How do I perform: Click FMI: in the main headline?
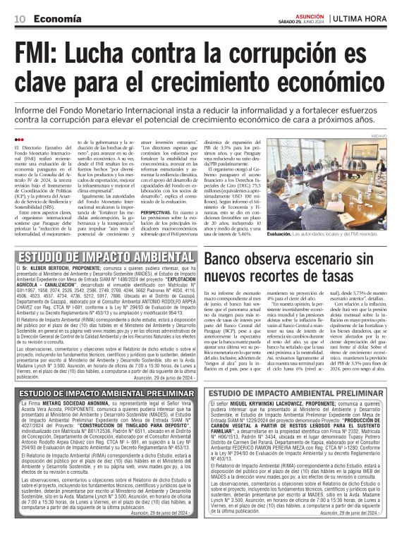pyautogui.click(x=42, y=54)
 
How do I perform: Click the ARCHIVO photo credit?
pyautogui.click(x=379, y=135)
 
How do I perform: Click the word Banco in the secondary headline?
pyautogui.click(x=228, y=260)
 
